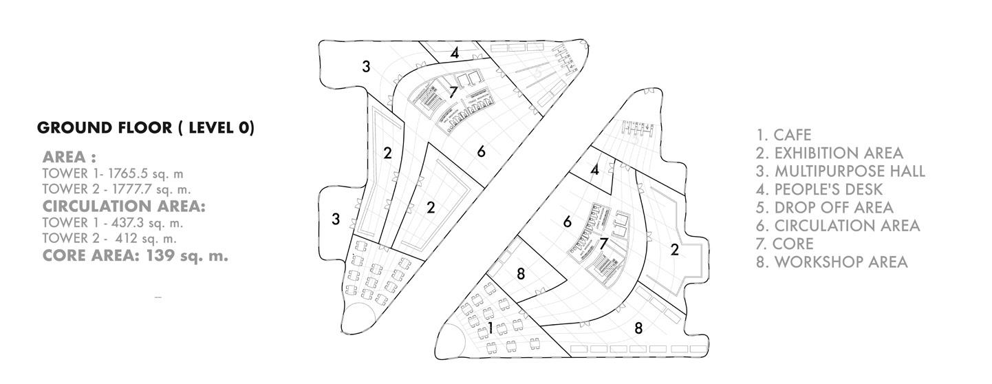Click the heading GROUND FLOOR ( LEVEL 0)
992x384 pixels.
(145, 128)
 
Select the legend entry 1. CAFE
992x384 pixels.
(784, 135)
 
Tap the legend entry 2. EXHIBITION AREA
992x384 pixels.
(829, 153)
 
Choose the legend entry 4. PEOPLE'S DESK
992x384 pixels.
(819, 189)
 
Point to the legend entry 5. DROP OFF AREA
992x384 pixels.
(824, 207)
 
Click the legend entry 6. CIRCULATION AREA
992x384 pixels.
(838, 225)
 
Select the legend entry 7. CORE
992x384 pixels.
(784, 244)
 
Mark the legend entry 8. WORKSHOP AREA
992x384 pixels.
(832, 262)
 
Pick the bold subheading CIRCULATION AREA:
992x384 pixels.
(124, 206)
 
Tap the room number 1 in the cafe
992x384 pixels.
(490, 326)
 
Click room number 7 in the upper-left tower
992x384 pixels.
(453, 92)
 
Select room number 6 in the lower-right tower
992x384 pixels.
(568, 222)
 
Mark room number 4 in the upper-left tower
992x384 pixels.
(455, 53)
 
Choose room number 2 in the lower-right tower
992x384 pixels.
(674, 250)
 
